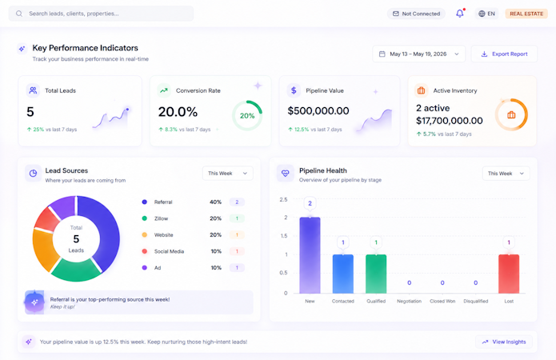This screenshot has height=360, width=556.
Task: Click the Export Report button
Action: tap(504, 54)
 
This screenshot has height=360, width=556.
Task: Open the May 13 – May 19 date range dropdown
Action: tap(418, 54)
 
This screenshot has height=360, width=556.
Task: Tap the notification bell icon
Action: tap(459, 14)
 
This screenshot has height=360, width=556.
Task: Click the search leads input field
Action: tap(101, 14)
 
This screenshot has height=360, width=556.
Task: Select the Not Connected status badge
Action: tap(416, 14)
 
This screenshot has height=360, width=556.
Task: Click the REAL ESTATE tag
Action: tap(526, 14)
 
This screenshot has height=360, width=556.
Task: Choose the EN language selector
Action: tap(486, 14)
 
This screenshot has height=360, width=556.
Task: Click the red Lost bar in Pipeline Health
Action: tap(509, 274)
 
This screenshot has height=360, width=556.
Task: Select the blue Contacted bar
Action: tap(343, 274)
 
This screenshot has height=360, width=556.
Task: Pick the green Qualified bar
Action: tap(376, 274)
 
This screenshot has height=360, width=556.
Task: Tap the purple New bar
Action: tap(310, 255)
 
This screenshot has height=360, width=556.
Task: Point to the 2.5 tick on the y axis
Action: tap(283, 199)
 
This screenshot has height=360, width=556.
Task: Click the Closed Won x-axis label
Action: tap(442, 301)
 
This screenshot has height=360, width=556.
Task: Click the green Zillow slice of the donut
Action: tap(76, 271)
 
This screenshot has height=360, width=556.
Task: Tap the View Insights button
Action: tap(504, 342)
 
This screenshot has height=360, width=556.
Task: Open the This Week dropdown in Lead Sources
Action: tap(228, 173)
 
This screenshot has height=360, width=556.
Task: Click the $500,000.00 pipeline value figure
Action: tap(318, 110)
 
